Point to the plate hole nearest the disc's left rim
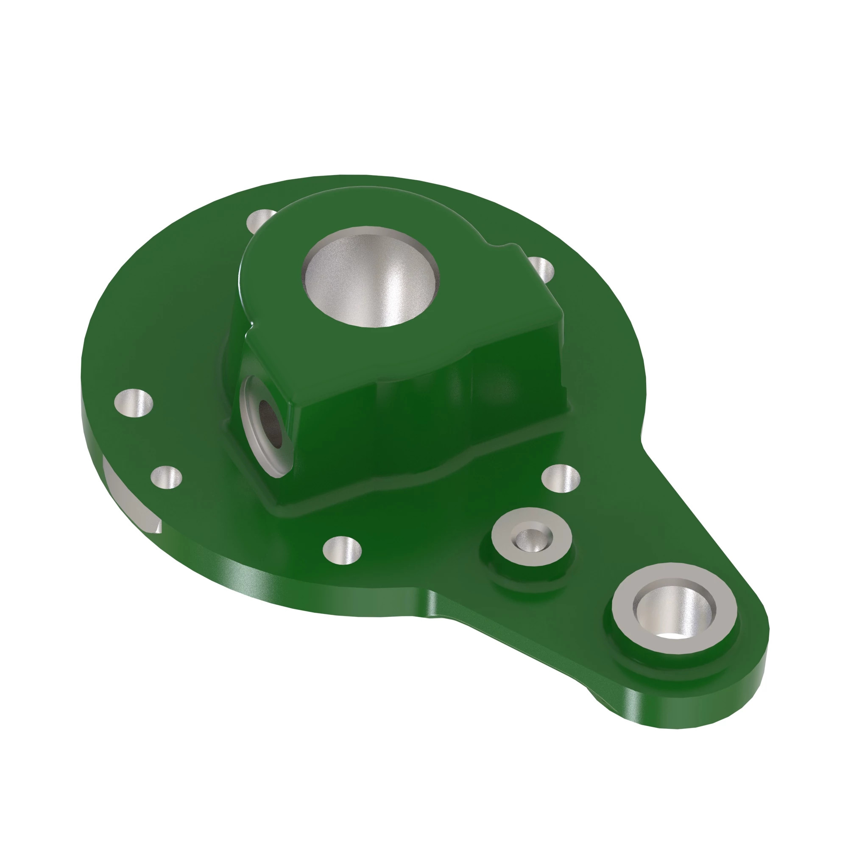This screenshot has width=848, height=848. [133, 402]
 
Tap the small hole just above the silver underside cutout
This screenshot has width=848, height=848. [166, 477]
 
